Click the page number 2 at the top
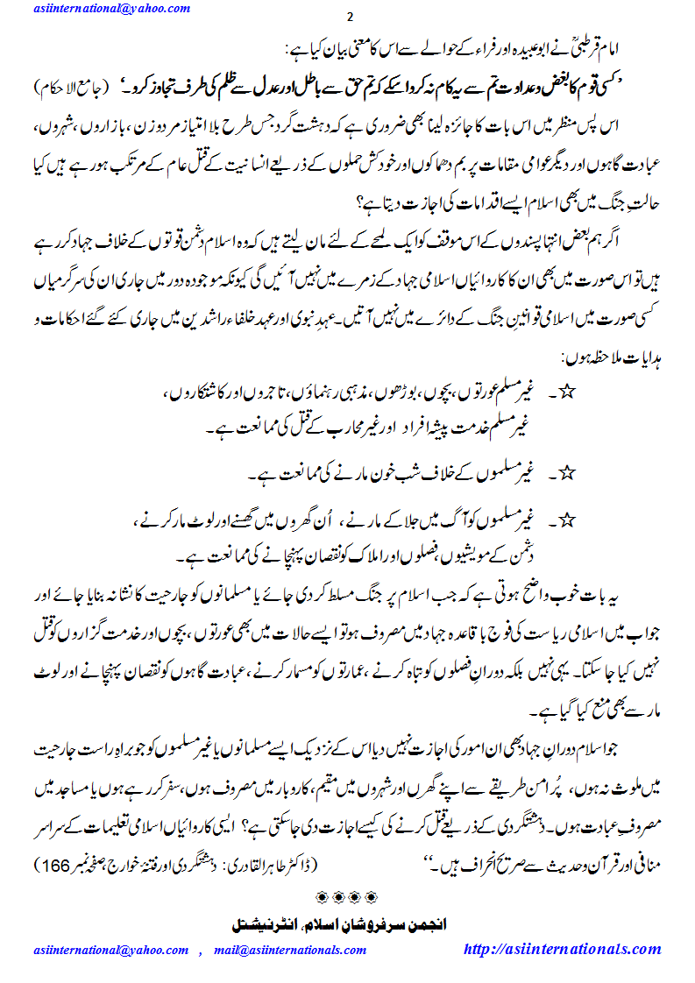350,18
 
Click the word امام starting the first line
636,48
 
